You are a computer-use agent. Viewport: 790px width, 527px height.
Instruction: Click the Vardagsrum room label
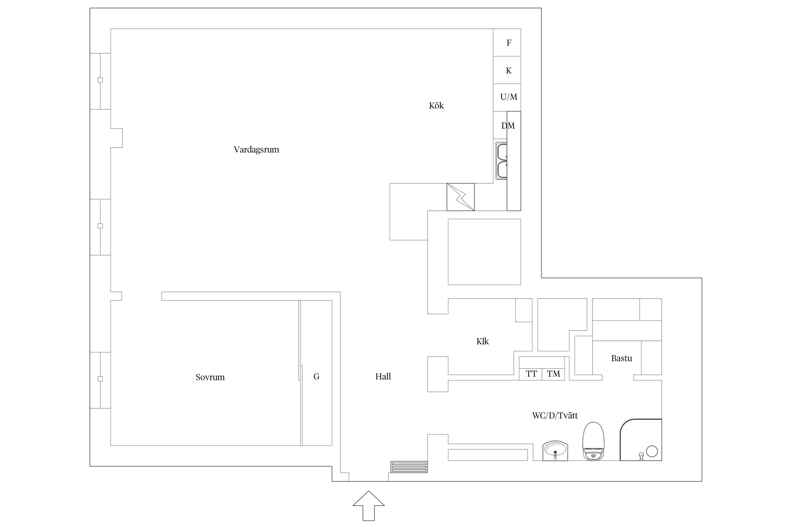tap(256, 150)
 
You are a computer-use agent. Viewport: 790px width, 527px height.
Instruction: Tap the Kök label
tap(436, 106)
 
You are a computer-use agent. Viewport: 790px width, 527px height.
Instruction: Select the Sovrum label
tap(210, 377)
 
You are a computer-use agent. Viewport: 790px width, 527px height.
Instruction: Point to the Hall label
tap(383, 377)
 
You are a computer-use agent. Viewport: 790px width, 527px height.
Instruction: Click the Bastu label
tap(621, 358)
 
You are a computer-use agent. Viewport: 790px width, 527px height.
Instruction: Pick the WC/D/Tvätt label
tap(555, 416)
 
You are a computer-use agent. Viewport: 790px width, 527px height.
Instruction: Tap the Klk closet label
tap(482, 341)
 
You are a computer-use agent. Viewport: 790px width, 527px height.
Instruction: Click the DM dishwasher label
tap(508, 126)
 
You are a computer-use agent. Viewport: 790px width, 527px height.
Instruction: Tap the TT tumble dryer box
tap(531, 374)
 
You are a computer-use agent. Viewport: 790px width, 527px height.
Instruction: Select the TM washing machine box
tap(553, 374)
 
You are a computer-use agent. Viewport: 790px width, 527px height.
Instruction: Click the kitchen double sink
tap(501, 161)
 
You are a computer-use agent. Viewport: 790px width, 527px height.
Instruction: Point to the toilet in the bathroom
tap(593, 442)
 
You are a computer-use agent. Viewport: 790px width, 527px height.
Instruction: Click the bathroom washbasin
tap(555, 450)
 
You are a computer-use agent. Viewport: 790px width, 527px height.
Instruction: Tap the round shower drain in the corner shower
tap(652, 451)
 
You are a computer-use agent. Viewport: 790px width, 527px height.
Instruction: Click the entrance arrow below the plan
tap(369, 506)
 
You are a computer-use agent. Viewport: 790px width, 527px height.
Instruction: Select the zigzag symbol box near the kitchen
tap(460, 197)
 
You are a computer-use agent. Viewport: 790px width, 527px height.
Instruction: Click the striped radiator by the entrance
tap(409, 467)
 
